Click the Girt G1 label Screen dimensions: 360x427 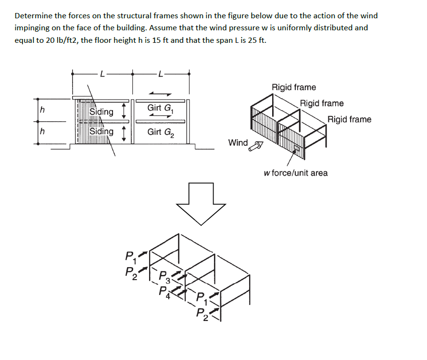pos(159,108)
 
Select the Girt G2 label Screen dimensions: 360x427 pos(159,132)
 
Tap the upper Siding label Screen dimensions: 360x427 pos(101,112)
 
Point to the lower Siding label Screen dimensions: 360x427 pos(101,131)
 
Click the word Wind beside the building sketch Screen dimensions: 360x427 pos(238,142)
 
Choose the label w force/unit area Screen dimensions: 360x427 pos(296,173)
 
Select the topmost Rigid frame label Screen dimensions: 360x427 pos(294,87)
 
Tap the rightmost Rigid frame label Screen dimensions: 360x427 pos(350,119)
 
